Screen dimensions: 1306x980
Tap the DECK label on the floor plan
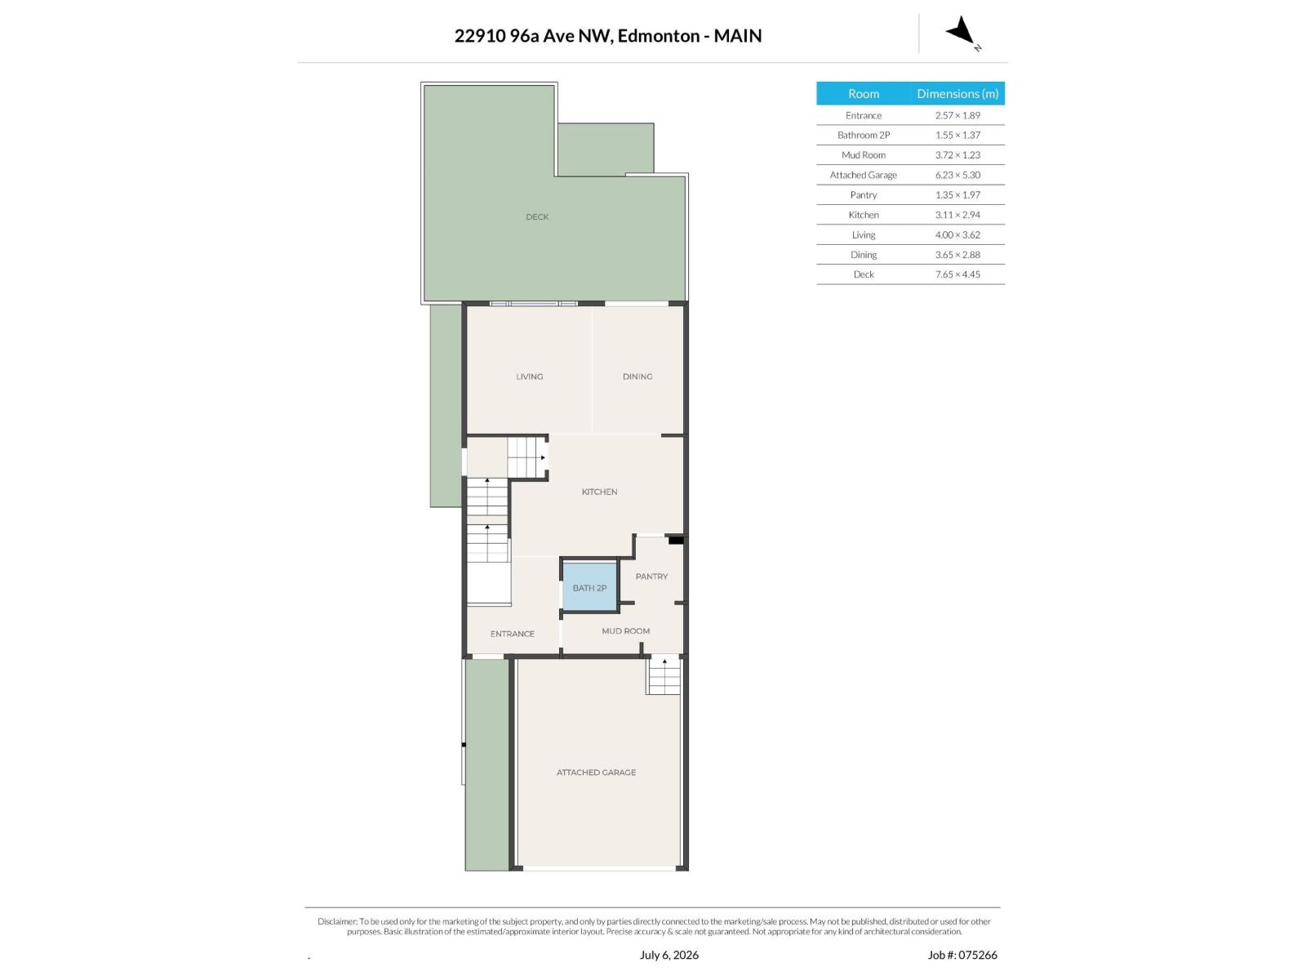pyautogui.click(x=536, y=217)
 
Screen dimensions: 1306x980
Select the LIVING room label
pyautogui.click(x=529, y=376)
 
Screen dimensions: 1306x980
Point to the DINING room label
pyautogui.click(x=637, y=376)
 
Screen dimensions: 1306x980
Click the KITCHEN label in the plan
pyautogui.click(x=599, y=492)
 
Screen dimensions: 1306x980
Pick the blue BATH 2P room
pyautogui.click(x=589, y=586)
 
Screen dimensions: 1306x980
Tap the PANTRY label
pyautogui.click(x=651, y=577)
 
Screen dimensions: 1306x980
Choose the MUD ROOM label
pyautogui.click(x=625, y=630)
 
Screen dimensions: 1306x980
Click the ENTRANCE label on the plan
pyautogui.click(x=513, y=634)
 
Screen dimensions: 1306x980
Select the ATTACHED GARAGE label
pyautogui.click(x=596, y=773)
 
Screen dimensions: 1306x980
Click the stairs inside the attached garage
pyautogui.click(x=664, y=676)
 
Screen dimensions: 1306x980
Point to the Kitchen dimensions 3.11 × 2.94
pyautogui.click(x=957, y=215)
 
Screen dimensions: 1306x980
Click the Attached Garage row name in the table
pyautogui.click(x=864, y=175)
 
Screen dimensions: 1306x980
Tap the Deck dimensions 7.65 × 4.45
pyautogui.click(x=957, y=274)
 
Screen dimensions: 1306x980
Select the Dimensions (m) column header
pyautogui.click(x=957, y=93)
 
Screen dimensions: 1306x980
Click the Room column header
pyautogui.click(x=864, y=93)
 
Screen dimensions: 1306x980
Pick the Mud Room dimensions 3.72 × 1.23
pyautogui.click(x=957, y=154)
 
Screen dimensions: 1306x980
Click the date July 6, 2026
pyautogui.click(x=669, y=955)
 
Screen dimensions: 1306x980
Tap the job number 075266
pyautogui.click(x=977, y=955)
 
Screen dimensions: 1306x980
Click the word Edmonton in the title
pyautogui.click(x=659, y=36)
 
